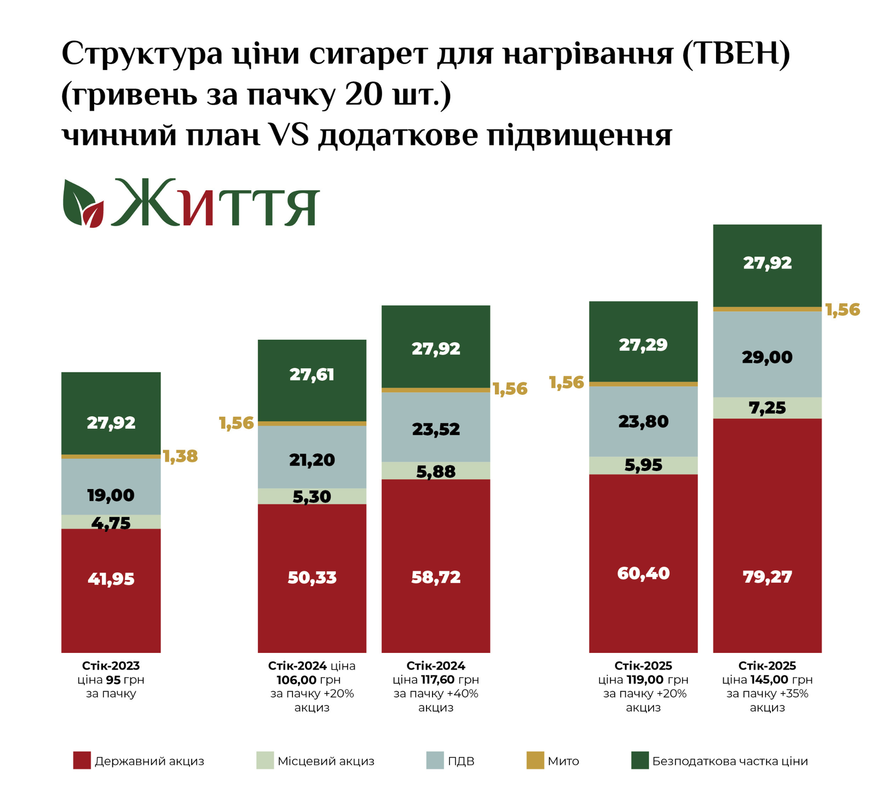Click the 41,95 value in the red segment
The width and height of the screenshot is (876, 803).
click(111, 579)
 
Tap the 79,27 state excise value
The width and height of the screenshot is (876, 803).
click(767, 577)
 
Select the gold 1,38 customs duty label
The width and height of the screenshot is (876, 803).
click(180, 456)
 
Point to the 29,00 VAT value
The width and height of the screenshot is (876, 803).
click(767, 358)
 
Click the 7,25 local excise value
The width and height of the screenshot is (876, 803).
click(767, 408)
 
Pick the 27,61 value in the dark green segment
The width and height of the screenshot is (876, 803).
click(312, 375)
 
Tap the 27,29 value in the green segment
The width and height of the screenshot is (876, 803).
click(643, 345)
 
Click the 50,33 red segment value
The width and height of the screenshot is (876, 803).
click(312, 577)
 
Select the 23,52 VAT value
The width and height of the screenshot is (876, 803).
click(436, 429)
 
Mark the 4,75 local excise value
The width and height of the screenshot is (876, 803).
click(111, 524)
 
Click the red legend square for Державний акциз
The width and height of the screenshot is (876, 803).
click(82, 760)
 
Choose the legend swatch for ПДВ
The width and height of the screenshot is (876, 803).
click(435, 760)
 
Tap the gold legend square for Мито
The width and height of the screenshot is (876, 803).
click(535, 760)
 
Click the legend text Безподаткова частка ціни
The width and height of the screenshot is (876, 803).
click(730, 761)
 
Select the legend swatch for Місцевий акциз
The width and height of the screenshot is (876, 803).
click(265, 760)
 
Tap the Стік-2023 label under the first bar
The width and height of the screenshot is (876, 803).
click(111, 666)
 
